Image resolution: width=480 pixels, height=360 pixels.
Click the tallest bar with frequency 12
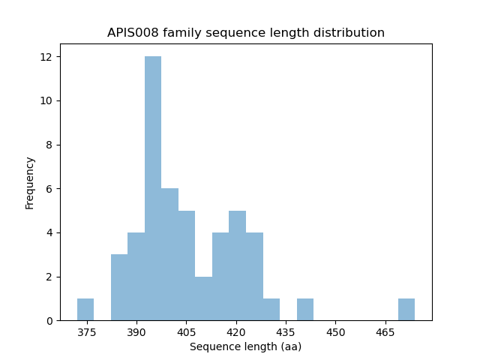pyautogui.click(x=153, y=188)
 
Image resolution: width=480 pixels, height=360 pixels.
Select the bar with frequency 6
pyautogui.click(x=170, y=254)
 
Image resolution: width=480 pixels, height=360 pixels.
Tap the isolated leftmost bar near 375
pyautogui.click(x=85, y=309)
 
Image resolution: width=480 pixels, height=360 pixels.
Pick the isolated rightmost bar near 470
pyautogui.click(x=406, y=309)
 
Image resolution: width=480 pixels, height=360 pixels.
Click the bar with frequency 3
pyautogui.click(x=119, y=287)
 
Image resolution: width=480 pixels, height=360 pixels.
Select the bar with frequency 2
pyautogui.click(x=203, y=298)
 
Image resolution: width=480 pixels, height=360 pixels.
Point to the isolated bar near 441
pyautogui.click(x=305, y=309)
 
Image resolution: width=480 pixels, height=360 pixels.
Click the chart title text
pyautogui.click(x=246, y=33)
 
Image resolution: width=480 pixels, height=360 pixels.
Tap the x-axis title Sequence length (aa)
pyautogui.click(x=246, y=346)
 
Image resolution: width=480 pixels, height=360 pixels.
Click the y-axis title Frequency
pyautogui.click(x=30, y=182)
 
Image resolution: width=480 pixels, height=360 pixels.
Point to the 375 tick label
pyautogui.click(x=86, y=331)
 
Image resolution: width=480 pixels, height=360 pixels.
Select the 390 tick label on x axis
pyautogui.click(x=136, y=331)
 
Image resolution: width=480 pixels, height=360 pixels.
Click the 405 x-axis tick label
pyautogui.click(x=186, y=331)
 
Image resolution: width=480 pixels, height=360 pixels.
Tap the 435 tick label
pyautogui.click(x=286, y=331)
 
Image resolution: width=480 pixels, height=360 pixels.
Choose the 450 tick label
pyautogui.click(x=335, y=331)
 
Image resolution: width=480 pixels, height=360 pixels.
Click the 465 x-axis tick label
pyautogui.click(x=385, y=331)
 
